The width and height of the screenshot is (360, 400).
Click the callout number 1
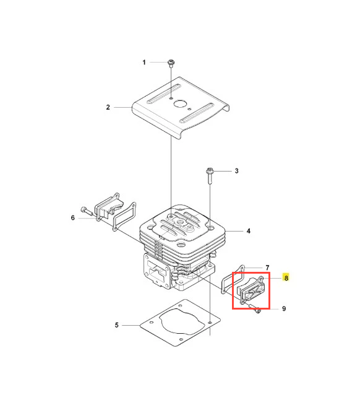pos(144,63)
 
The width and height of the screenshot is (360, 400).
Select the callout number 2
pos(108,107)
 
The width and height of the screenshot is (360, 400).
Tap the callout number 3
pos(236,171)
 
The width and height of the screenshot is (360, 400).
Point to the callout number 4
pos(249,231)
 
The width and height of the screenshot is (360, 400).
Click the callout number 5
pos(117,325)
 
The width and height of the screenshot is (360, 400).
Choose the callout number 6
pos(73,217)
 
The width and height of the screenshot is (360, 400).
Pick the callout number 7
pos(267,267)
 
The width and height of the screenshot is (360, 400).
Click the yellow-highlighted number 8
pos(286,278)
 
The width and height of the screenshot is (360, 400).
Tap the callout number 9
pos(284,309)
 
